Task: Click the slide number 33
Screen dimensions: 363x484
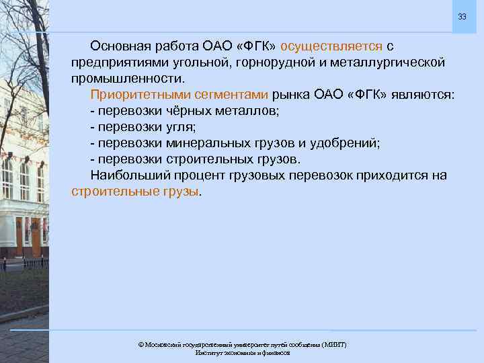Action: pos(462,16)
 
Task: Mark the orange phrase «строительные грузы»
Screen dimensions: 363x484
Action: pos(134,192)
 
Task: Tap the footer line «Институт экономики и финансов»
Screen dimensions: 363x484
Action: pos(242,352)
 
